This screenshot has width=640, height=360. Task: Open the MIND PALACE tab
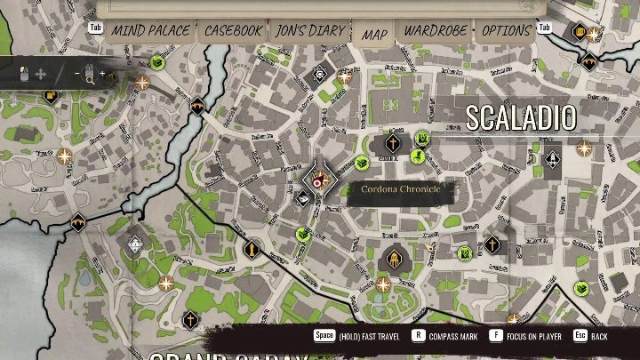[150, 31]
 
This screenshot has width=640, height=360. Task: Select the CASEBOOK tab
[234, 31]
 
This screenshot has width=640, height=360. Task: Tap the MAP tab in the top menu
[374, 34]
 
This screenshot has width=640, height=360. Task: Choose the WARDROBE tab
[436, 31]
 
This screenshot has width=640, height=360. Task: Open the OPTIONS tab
[506, 31]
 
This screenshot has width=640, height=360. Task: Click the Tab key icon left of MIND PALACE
[95, 28]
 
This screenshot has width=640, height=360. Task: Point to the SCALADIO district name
[521, 117]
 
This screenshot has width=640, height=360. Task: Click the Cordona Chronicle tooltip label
[401, 189]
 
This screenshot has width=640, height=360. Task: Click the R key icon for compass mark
[418, 337]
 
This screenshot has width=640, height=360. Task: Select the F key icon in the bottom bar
[495, 337]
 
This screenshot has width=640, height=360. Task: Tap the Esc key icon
[580, 337]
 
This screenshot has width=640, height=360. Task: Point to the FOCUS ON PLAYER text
[537, 338]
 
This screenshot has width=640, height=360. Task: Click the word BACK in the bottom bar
[600, 338]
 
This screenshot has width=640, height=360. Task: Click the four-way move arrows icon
[41, 73]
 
